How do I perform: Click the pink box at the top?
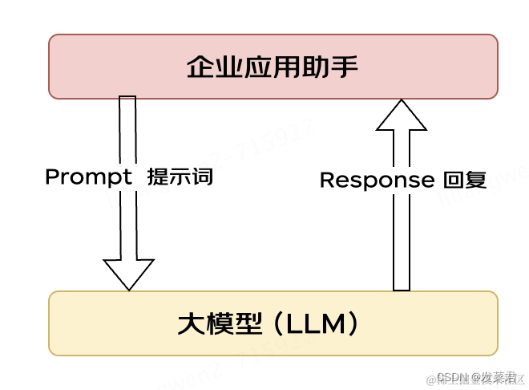click(x=273, y=66)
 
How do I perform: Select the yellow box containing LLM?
click(x=273, y=323)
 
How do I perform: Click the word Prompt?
click(x=88, y=177)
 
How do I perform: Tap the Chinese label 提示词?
click(x=180, y=177)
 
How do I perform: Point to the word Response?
click(x=376, y=180)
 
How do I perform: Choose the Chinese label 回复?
click(x=465, y=180)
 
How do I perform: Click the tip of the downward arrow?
click(x=128, y=287)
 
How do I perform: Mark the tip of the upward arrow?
click(x=402, y=101)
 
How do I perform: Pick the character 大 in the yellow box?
click(x=188, y=323)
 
